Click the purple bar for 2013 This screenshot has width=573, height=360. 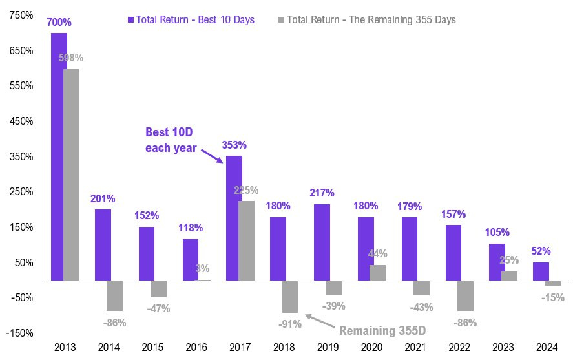(x=59, y=156)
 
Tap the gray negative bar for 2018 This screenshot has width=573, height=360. (x=289, y=297)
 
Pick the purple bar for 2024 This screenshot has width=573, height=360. (x=541, y=271)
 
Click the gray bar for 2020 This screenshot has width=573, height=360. (x=377, y=273)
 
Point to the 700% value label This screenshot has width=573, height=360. (x=59, y=23)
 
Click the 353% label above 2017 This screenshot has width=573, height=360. (x=234, y=145)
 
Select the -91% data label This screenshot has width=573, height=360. (x=289, y=323)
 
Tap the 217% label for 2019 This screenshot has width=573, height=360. (x=322, y=193)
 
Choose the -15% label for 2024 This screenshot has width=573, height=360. (x=551, y=297)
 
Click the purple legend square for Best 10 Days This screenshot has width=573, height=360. (x=131, y=20)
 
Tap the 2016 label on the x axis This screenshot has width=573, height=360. (x=196, y=346)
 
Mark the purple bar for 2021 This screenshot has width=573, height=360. (x=410, y=248)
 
